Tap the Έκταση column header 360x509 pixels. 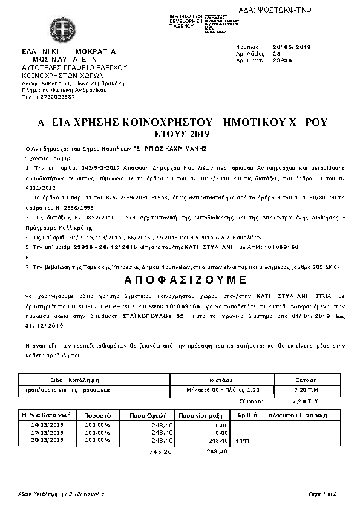point(305,381)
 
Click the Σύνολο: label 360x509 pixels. point(250,401)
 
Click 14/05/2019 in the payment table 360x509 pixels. point(47,425)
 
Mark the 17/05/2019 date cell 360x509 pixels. point(47,433)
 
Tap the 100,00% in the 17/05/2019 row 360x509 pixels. point(97,433)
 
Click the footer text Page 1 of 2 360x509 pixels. point(322,494)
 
